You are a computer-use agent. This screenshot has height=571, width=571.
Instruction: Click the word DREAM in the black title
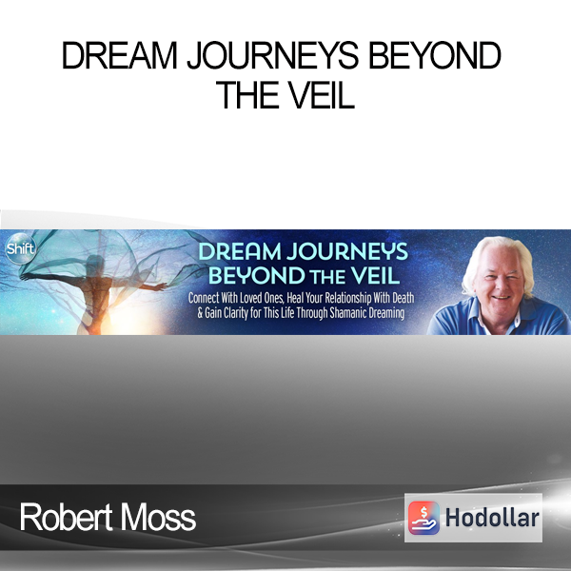pyautogui.click(x=120, y=55)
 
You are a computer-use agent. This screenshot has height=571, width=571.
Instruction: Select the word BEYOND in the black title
pyautogui.click(x=435, y=55)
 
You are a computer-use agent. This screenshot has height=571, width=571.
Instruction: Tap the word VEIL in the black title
pyautogui.click(x=320, y=95)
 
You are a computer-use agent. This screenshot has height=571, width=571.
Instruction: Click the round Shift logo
pyautogui.click(x=21, y=249)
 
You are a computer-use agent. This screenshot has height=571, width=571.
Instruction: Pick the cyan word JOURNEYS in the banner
pyautogui.click(x=347, y=251)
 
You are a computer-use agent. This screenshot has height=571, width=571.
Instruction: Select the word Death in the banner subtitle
pyautogui.click(x=404, y=298)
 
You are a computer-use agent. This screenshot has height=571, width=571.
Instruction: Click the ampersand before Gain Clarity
pyautogui.click(x=200, y=313)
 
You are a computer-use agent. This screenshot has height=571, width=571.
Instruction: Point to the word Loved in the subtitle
pyautogui.click(x=251, y=298)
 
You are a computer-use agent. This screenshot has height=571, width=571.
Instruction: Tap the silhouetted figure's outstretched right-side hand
pyautogui.click(x=160, y=287)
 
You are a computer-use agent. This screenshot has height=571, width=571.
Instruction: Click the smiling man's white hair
pyautogui.click(x=496, y=251)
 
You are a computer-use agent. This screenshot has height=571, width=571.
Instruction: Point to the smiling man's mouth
pyautogui.click(x=502, y=298)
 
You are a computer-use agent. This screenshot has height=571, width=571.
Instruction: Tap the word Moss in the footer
pyautogui.click(x=158, y=517)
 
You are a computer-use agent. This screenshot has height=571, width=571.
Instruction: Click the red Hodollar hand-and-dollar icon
pyautogui.click(x=423, y=518)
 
